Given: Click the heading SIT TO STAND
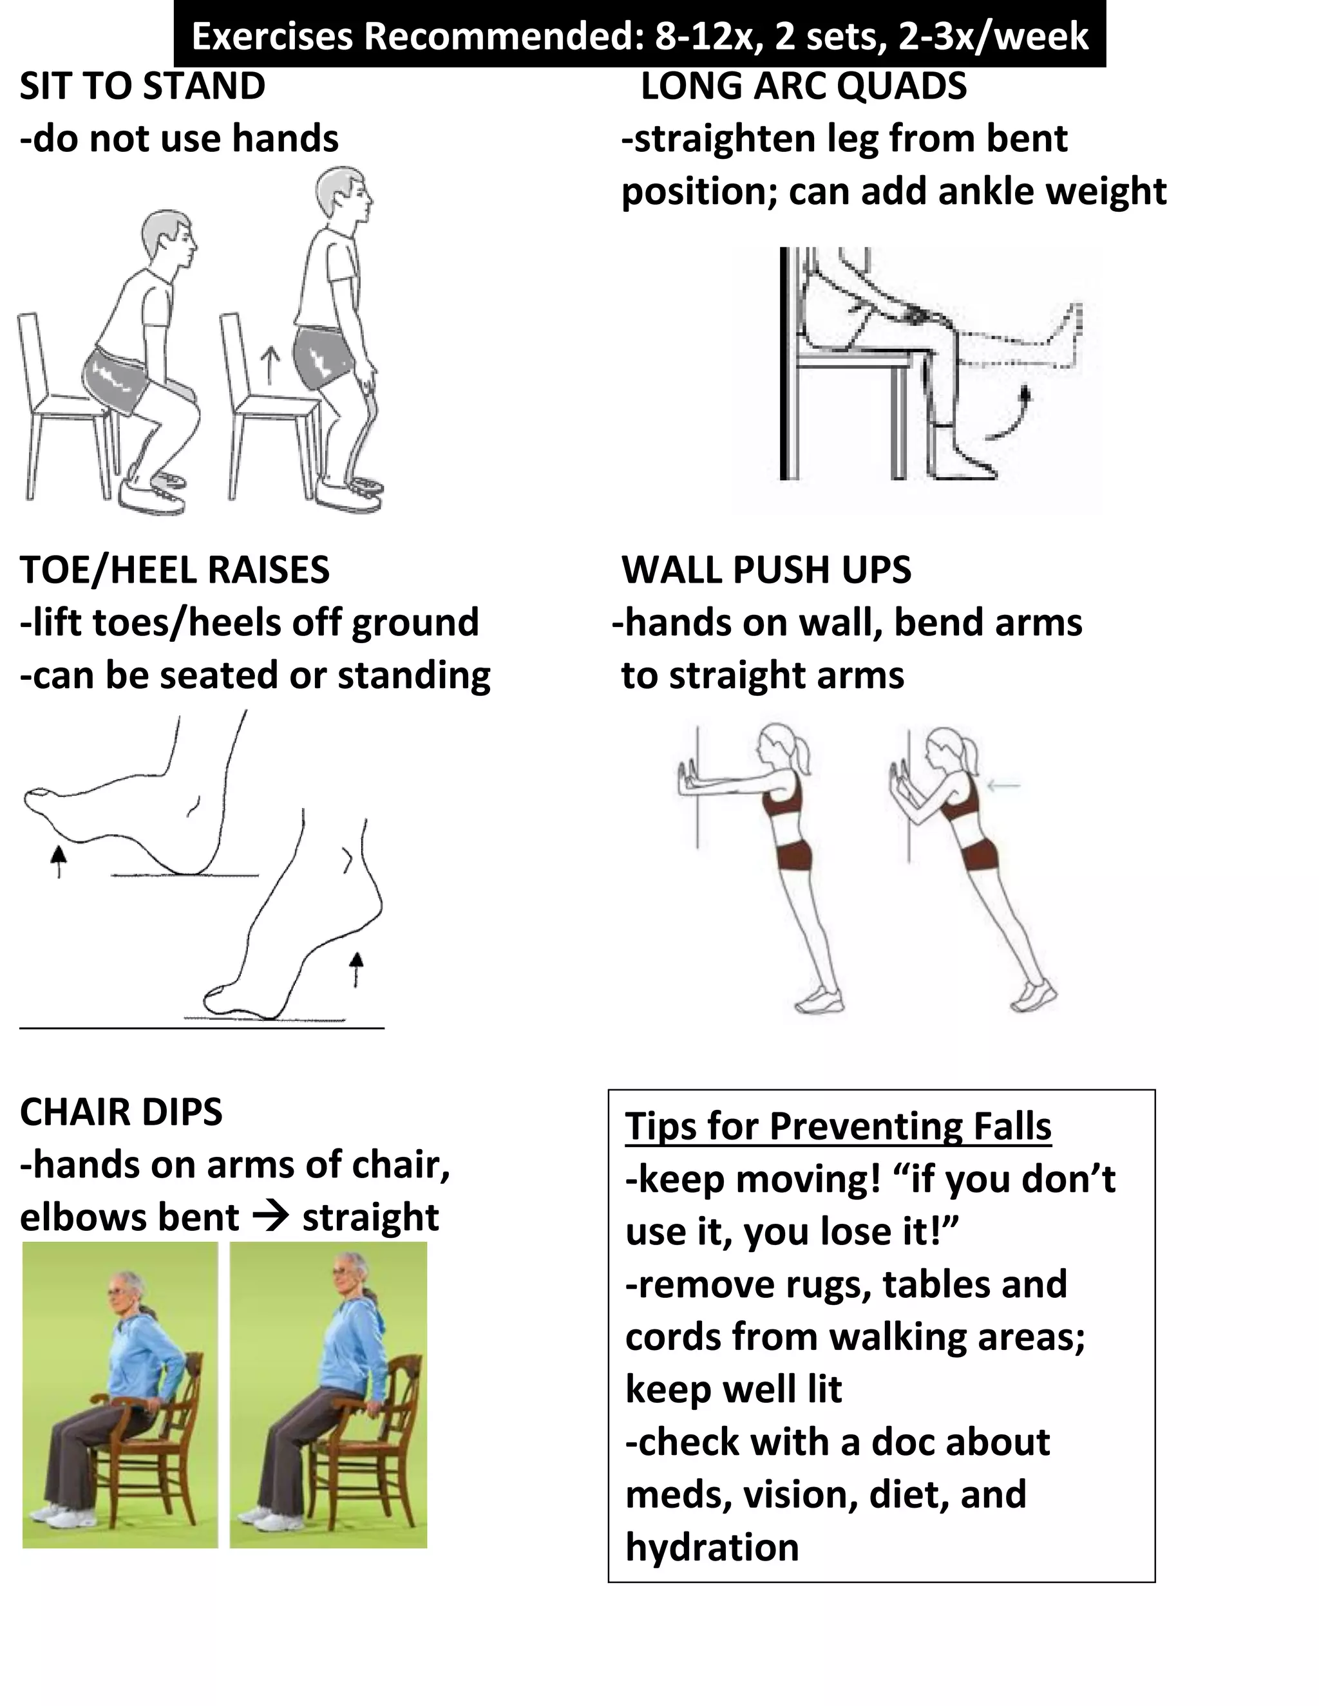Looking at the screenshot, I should click(142, 86).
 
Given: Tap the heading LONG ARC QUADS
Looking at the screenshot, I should click(803, 86).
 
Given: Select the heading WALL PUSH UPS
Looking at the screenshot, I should click(766, 570).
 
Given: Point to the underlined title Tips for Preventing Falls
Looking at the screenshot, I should click(838, 1125).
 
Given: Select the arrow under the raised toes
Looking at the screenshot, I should click(58, 861).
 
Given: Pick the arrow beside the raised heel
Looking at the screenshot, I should click(356, 969).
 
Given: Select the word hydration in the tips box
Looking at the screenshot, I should click(712, 1546).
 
